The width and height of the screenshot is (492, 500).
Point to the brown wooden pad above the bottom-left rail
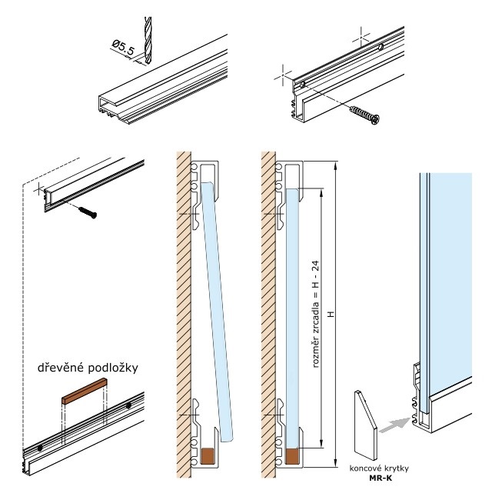tap(82, 398)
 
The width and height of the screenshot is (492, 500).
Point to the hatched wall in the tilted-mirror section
tap(183, 308)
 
